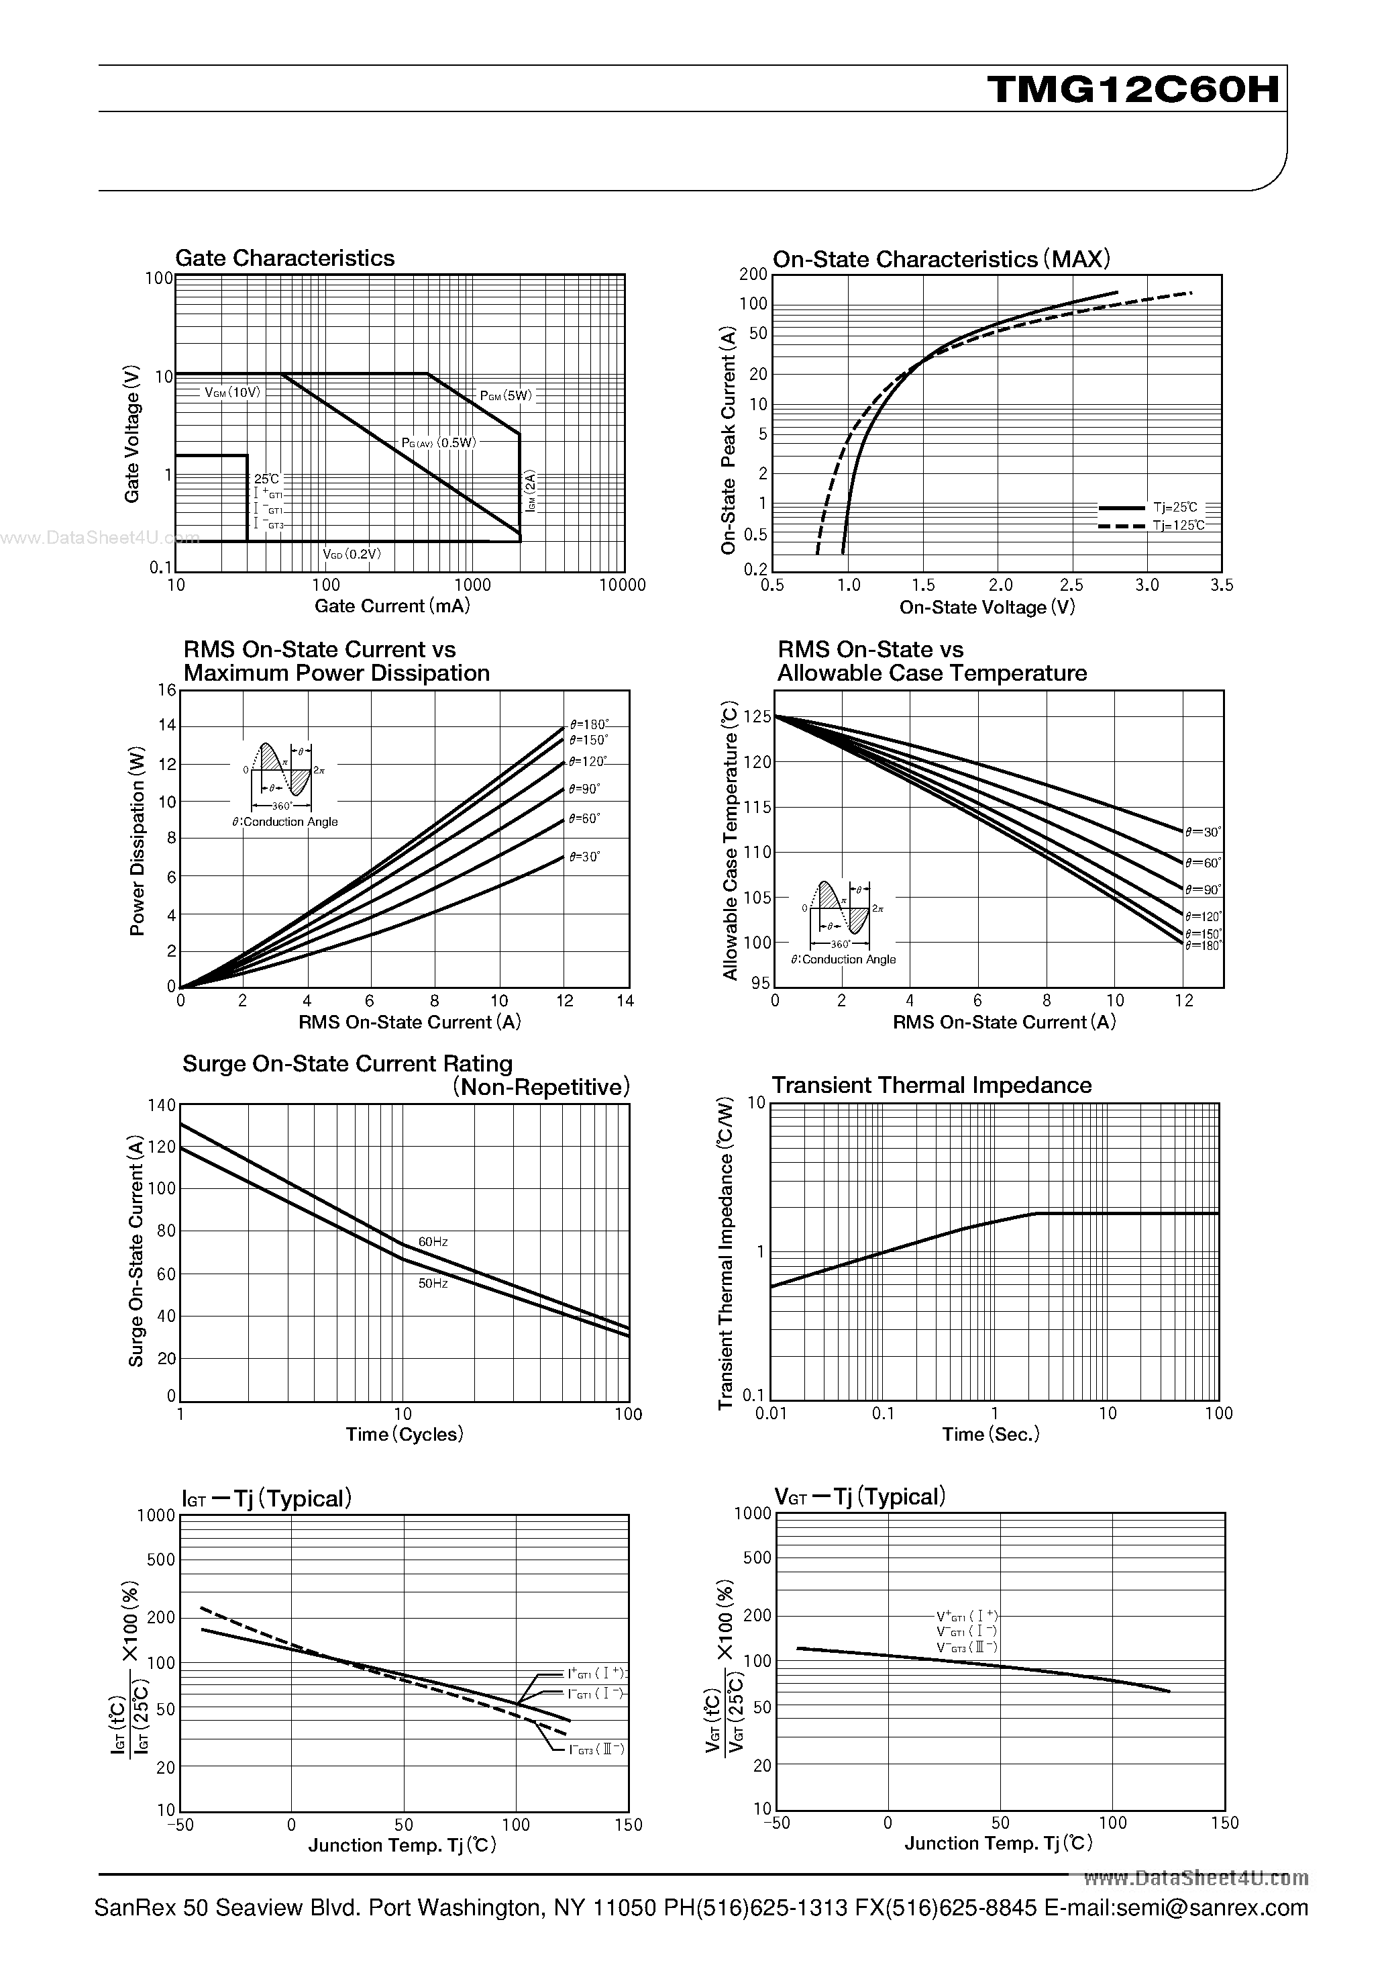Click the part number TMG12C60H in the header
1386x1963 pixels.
point(1134,89)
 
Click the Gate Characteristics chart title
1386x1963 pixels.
point(284,258)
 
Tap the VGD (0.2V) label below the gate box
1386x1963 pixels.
point(352,554)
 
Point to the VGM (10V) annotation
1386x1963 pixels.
point(231,393)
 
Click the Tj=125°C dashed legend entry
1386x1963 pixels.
point(1178,525)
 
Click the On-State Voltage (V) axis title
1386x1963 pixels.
point(987,607)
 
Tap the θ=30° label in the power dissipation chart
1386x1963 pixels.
point(584,856)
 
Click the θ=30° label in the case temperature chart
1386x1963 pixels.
point(1203,831)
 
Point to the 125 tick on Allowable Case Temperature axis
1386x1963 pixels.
point(757,716)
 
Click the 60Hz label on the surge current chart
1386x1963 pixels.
point(433,1241)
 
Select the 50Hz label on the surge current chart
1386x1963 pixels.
point(433,1284)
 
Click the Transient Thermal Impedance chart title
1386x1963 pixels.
point(931,1085)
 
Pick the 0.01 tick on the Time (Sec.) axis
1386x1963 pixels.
point(771,1413)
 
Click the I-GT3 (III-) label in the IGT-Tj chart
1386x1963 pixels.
point(596,1750)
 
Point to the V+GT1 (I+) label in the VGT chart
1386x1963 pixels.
point(967,1616)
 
